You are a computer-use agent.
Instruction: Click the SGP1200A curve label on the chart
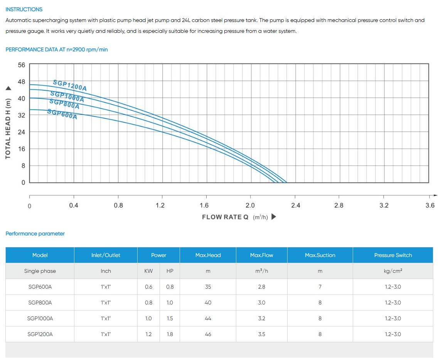tap(70, 85)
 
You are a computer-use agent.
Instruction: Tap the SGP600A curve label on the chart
tap(62, 114)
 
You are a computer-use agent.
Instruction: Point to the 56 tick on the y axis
tap(21, 65)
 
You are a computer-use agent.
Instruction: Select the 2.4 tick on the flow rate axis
tap(295, 205)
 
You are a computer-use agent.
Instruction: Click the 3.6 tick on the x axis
tap(430, 205)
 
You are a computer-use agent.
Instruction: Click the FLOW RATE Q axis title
tap(225, 217)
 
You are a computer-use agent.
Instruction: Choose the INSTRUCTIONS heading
tap(24, 9)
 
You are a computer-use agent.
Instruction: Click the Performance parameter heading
tap(35, 233)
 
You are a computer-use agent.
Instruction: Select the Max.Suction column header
tap(320, 255)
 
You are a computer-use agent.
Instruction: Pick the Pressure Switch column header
tap(393, 255)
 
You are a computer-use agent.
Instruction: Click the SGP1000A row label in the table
tap(40, 318)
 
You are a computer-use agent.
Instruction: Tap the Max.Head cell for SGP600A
tap(208, 287)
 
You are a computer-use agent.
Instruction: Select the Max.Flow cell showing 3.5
tap(262, 334)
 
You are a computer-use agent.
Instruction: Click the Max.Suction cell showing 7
tap(320, 287)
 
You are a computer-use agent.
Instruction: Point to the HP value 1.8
tap(170, 334)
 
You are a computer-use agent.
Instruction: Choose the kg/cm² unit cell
tap(393, 271)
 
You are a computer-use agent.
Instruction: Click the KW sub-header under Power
tap(148, 271)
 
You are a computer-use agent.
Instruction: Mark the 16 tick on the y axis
tap(21, 149)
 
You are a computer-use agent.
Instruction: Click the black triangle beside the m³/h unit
tap(274, 216)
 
